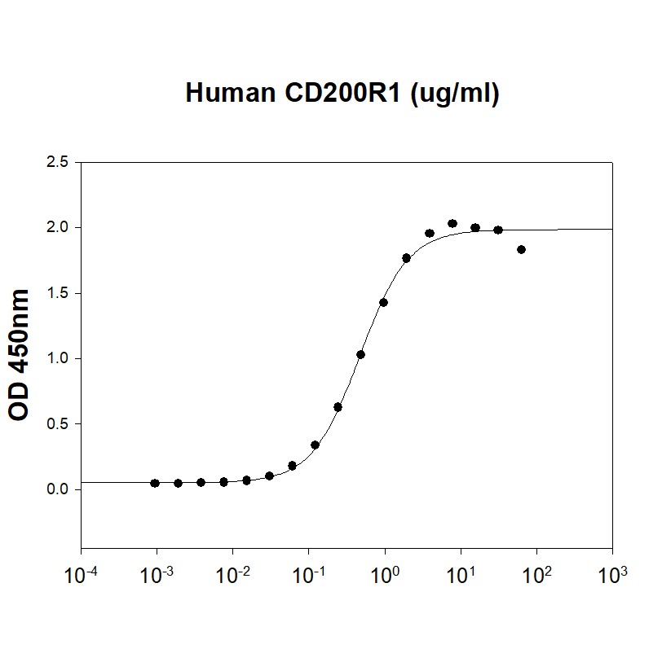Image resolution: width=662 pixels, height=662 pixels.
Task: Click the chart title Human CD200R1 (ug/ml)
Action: (342, 94)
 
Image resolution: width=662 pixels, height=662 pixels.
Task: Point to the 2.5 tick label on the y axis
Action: (58, 162)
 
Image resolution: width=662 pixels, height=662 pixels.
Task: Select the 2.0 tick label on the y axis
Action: (58, 227)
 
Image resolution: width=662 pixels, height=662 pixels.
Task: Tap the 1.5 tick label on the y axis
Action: (58, 293)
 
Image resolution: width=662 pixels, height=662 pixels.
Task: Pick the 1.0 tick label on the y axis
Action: (58, 358)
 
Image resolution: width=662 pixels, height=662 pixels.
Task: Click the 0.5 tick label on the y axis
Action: (58, 424)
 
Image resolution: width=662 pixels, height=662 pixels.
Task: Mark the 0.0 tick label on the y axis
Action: (58, 489)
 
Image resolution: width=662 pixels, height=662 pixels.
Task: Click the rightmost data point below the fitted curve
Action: (521, 249)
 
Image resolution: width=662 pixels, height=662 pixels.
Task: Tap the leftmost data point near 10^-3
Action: (155, 483)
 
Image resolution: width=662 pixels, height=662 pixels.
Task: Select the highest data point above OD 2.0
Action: (452, 223)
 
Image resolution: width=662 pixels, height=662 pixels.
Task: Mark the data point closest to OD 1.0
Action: (360, 354)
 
